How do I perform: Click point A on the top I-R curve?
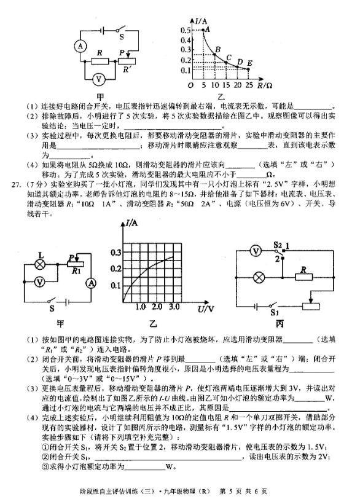(203, 30)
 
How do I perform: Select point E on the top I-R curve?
(248, 69)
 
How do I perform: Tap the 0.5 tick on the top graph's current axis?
(186, 30)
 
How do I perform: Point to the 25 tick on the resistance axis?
(249, 85)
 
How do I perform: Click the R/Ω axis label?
(265, 85)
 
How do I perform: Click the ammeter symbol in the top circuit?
(80, 47)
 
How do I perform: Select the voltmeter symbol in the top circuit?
(98, 79)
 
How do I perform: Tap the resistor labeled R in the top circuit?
(100, 61)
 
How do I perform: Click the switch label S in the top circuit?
(122, 37)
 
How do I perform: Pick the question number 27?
(16, 184)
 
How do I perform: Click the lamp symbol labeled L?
(41, 264)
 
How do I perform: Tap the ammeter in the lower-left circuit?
(92, 283)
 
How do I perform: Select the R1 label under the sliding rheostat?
(76, 271)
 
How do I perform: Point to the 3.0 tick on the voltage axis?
(174, 307)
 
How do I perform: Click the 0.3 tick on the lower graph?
(115, 253)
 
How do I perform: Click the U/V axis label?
(206, 308)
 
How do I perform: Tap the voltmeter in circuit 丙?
(256, 251)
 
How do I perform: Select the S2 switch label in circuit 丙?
(278, 245)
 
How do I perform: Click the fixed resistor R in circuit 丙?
(303, 277)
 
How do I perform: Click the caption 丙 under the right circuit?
(280, 324)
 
